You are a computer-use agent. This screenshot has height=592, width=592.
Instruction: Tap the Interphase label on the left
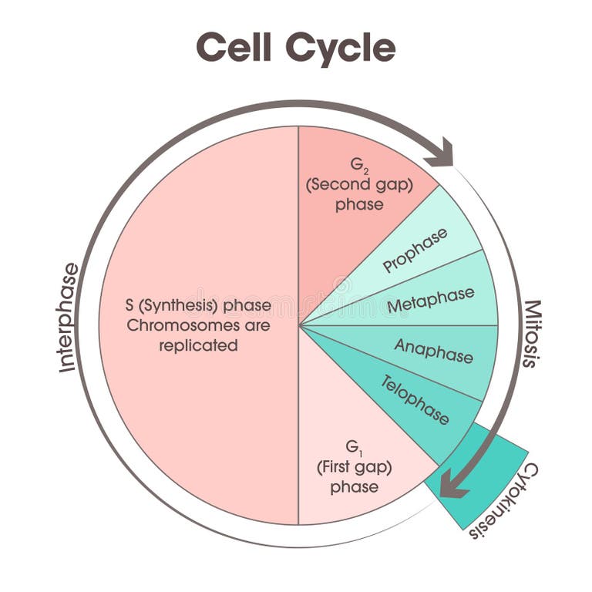coord(68,318)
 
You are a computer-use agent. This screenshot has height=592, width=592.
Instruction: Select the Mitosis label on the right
coord(531,333)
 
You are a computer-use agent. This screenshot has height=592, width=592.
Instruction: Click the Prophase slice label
coord(415,251)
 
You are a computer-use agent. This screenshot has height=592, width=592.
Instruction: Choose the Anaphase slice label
coord(433,351)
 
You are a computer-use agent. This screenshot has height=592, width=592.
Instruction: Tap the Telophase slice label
coord(415,399)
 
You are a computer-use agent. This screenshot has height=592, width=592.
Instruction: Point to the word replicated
coord(198,345)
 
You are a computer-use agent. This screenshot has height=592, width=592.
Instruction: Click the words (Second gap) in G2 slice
coord(358,185)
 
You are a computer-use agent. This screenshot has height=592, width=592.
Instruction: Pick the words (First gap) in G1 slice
coord(354,467)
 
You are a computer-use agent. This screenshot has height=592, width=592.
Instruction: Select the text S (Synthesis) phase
coord(198,305)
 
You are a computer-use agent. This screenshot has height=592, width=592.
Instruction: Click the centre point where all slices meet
coord(299,325)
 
